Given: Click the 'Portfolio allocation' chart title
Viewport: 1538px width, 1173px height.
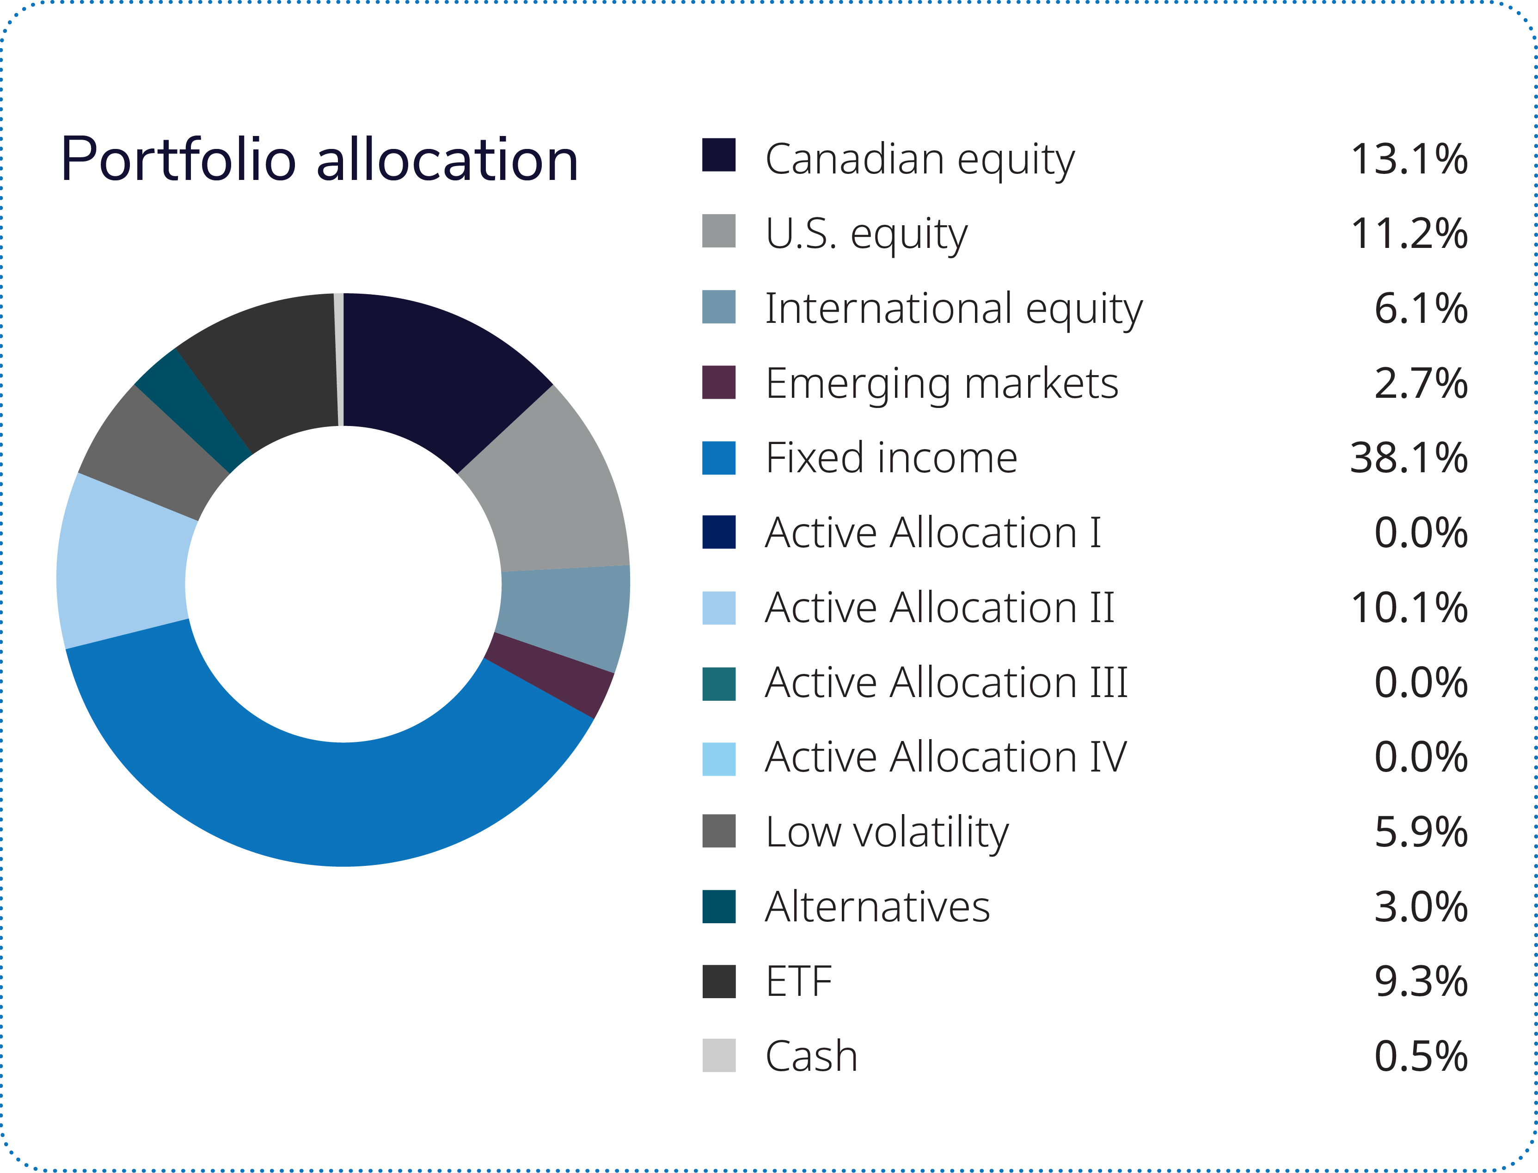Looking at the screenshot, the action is (x=319, y=160).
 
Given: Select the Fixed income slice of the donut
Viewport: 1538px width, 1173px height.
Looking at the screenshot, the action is (x=328, y=803).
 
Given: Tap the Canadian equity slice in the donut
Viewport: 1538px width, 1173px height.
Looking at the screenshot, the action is (x=440, y=370).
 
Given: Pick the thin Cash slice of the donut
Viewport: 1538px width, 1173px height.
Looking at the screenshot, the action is (x=338, y=359).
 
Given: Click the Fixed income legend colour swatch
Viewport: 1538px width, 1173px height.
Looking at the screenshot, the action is (x=719, y=458).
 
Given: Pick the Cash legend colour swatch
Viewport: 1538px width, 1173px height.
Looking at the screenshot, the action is (x=719, y=1056).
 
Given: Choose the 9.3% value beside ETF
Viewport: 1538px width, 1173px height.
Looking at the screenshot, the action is (x=1421, y=982).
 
